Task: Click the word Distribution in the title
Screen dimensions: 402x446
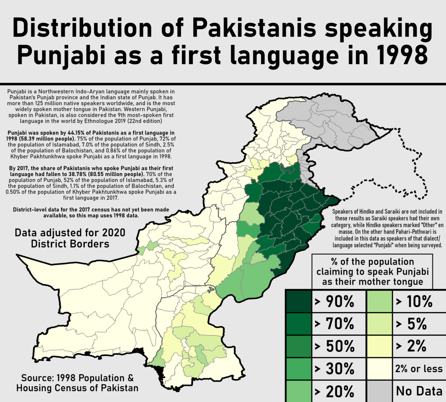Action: (x=82, y=28)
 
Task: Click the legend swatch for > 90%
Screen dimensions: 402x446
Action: (x=299, y=301)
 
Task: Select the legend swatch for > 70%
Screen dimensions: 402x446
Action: (x=299, y=324)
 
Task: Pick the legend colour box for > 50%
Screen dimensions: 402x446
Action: (x=299, y=346)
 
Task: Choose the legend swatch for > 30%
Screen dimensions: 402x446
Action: (x=299, y=369)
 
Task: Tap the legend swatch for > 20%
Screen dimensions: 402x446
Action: (x=299, y=391)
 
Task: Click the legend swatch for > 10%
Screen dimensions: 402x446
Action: (x=379, y=301)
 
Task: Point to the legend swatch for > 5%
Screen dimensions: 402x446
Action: (x=379, y=324)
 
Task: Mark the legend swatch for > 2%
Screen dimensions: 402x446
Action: (x=379, y=346)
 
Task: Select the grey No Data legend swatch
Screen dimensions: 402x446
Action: (x=379, y=391)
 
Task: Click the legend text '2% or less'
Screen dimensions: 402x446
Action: (x=419, y=369)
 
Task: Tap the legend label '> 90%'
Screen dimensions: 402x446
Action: (x=334, y=302)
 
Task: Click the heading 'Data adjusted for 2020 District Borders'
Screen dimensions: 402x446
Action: (x=70, y=238)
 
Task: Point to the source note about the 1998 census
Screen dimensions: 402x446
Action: (x=77, y=383)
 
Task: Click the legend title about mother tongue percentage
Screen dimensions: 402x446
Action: (x=372, y=271)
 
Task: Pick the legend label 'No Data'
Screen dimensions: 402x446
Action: (x=419, y=391)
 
